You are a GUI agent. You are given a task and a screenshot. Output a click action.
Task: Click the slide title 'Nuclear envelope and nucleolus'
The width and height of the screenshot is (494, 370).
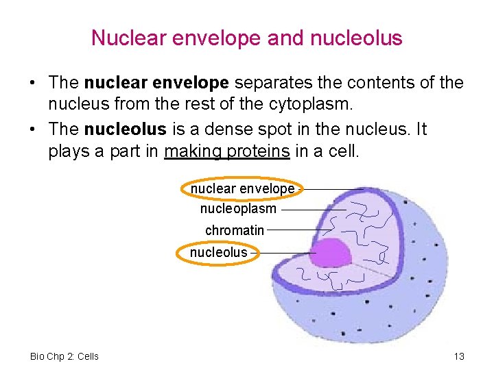(246, 38)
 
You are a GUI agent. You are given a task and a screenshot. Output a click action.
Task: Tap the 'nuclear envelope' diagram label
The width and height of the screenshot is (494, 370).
(242, 188)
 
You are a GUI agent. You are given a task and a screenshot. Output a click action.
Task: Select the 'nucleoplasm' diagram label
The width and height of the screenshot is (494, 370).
(238, 208)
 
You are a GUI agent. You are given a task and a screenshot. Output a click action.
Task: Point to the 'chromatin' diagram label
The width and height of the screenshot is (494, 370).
(234, 230)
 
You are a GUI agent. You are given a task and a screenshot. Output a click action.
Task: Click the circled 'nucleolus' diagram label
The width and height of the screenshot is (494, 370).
(218, 252)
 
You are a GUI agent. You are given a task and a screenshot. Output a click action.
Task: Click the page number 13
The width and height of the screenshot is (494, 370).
(459, 356)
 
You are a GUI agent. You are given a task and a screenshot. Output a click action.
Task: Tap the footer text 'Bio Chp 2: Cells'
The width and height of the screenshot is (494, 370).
(64, 356)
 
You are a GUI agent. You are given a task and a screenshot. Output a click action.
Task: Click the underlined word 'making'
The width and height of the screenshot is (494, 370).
(191, 151)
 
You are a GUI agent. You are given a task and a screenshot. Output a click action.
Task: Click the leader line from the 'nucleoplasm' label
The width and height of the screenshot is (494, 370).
(312, 210)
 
